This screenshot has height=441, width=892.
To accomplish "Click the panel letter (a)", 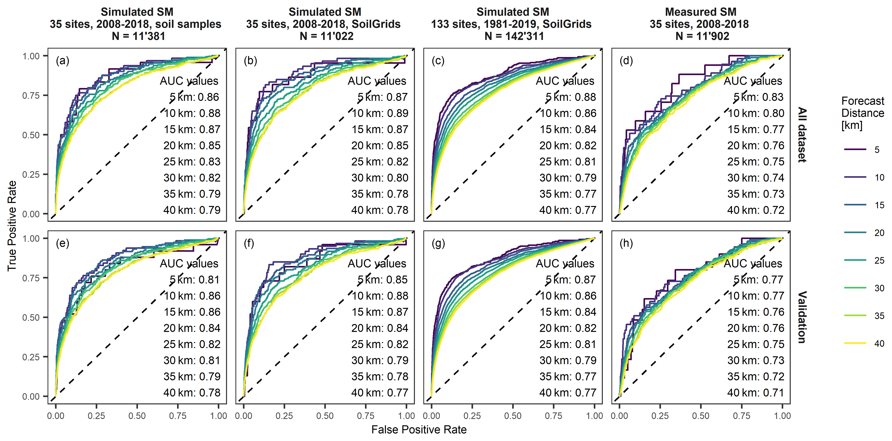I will point(63,61).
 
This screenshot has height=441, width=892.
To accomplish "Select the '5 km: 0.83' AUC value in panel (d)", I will point(758,97).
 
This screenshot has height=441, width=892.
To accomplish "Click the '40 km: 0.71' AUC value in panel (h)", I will point(756,393).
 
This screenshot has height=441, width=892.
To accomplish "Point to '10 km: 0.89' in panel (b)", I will point(380,113).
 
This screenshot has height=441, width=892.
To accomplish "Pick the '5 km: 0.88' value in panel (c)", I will point(571,97).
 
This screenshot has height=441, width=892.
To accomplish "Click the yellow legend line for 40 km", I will point(855,343).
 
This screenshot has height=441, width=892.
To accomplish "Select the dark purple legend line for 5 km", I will point(855,149).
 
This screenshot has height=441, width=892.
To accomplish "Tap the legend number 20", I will point(879,233).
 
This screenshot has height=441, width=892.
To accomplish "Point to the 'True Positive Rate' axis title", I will point(12,226).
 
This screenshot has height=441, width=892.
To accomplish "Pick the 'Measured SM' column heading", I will point(700,12).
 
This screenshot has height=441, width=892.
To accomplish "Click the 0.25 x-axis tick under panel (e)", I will point(96,416).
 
